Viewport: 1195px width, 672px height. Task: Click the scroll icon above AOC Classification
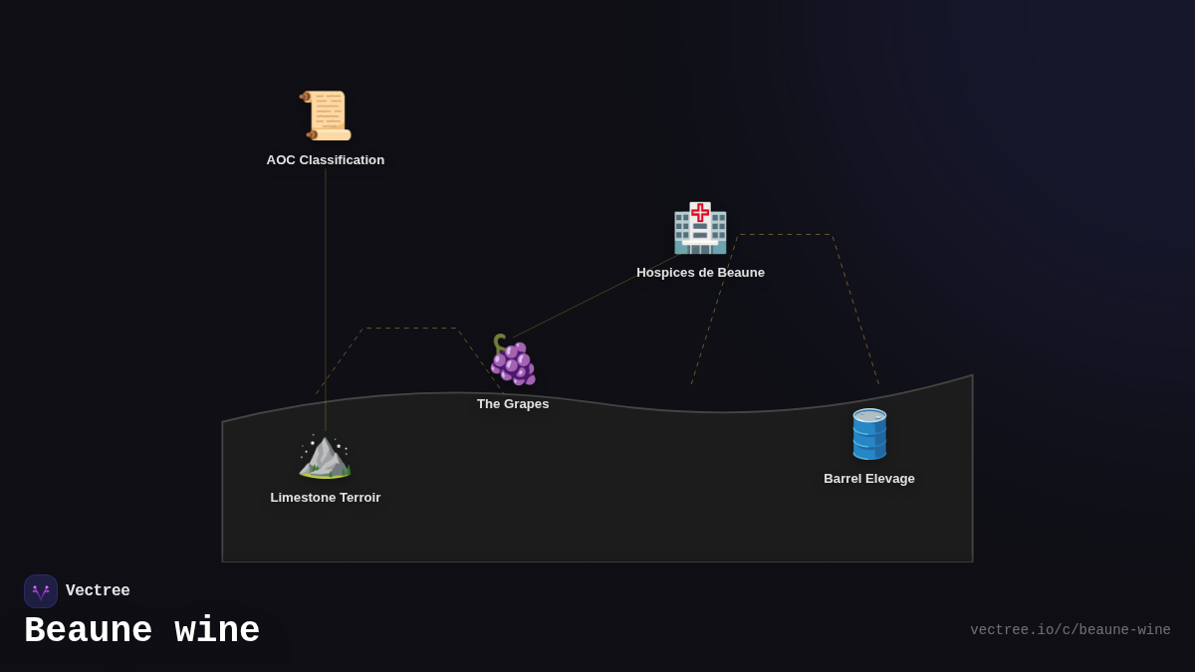pyautogui.click(x=326, y=115)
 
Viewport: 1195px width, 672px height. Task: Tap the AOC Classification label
pyautogui.click(x=326, y=160)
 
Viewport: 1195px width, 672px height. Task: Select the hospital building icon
pyautogui.click(x=700, y=229)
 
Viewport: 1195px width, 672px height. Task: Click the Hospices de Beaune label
pyautogui.click(x=700, y=273)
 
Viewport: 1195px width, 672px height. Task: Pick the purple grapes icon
pyautogui.click(x=513, y=360)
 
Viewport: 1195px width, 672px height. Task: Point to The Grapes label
pyautogui.click(x=513, y=404)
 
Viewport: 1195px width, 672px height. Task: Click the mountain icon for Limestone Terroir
pyautogui.click(x=325, y=456)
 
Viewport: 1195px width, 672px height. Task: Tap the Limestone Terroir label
pyautogui.click(x=326, y=498)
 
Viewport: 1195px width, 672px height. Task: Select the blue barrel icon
pyautogui.click(x=869, y=434)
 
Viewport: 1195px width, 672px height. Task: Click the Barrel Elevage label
pyautogui.click(x=869, y=479)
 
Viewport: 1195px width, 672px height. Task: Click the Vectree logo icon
pyautogui.click(x=41, y=591)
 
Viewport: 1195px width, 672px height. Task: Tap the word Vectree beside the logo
pyautogui.click(x=98, y=591)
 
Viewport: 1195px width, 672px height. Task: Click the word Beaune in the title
pyautogui.click(x=89, y=631)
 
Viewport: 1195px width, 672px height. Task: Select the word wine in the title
pyautogui.click(x=217, y=631)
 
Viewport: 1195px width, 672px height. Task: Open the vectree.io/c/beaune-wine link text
pyautogui.click(x=1071, y=630)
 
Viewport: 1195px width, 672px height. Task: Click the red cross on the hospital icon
pyautogui.click(x=700, y=212)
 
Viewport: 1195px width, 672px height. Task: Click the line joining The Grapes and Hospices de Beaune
pyautogui.click(x=597, y=296)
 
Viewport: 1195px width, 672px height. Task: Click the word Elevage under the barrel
pyautogui.click(x=889, y=479)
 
